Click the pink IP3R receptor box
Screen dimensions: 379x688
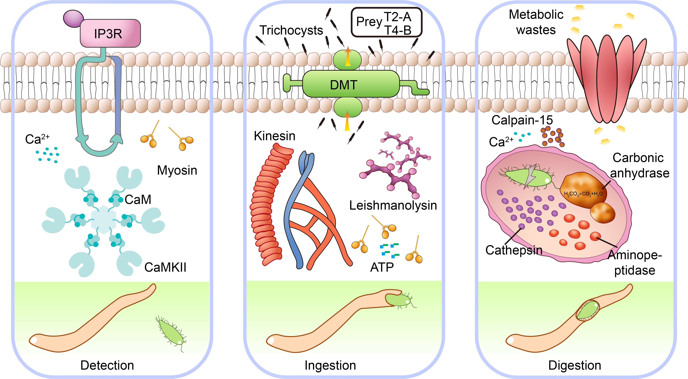[110, 33]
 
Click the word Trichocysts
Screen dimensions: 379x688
[291, 30]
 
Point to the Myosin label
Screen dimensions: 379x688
[177, 170]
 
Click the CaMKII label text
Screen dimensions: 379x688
[165, 267]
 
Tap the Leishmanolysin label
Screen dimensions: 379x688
[393, 205]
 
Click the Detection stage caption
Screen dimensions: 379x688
[107, 365]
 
